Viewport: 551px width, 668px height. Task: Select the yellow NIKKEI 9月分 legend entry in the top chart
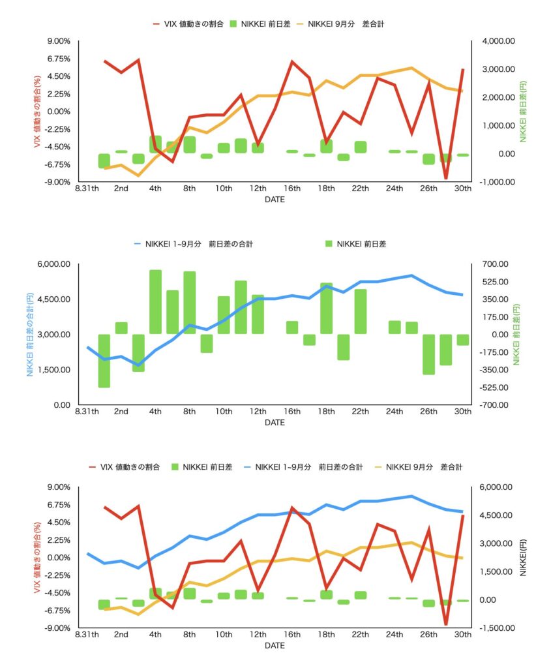point(352,23)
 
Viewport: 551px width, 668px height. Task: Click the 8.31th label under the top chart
point(87,189)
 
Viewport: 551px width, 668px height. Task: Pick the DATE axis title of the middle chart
point(275,423)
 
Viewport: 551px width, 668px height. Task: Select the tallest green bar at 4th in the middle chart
point(155,302)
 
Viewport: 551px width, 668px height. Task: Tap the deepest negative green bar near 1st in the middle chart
point(104,361)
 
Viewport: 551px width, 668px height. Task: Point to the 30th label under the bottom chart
point(462,635)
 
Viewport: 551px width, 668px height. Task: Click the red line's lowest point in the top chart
point(446,178)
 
